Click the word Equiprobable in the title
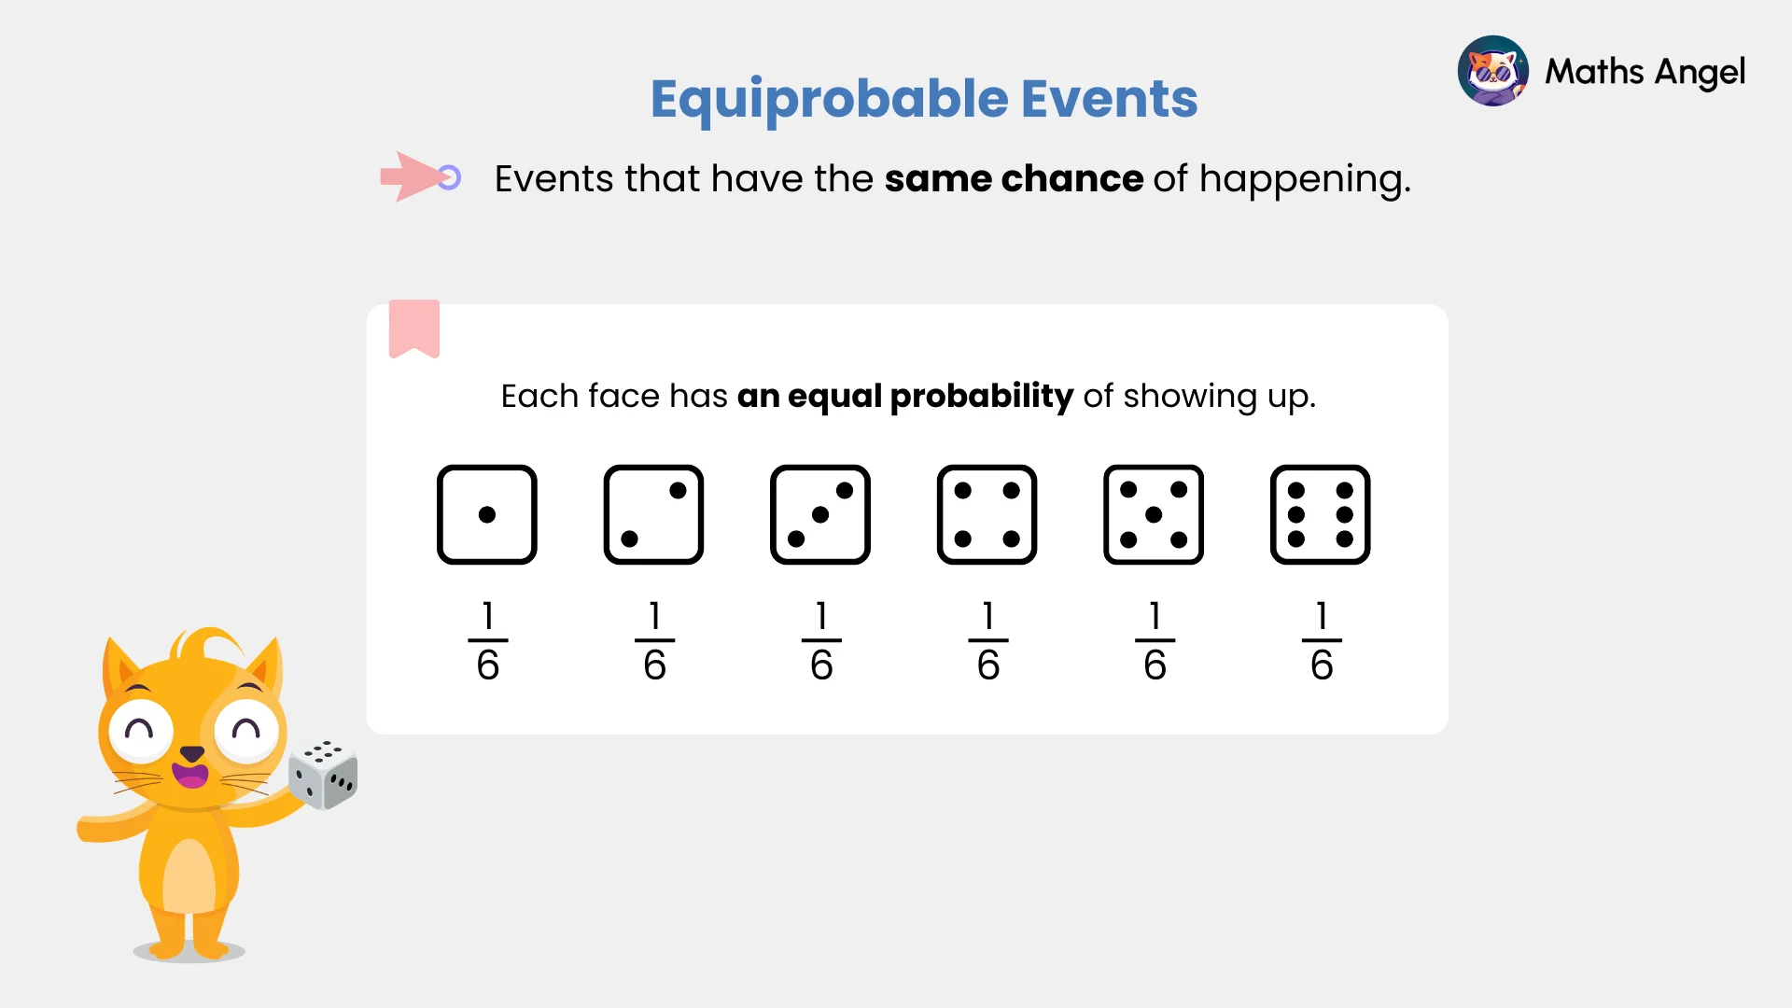point(829,99)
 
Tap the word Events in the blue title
point(1109,99)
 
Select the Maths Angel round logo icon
point(1492,71)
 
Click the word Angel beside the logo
point(1699,72)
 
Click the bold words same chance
point(1014,178)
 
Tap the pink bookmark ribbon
point(414,328)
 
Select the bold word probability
point(981,397)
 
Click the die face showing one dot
point(487,514)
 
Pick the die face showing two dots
point(653,514)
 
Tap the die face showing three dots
point(820,514)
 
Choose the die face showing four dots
point(987,514)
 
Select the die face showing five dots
point(1154,514)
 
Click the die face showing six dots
point(1320,514)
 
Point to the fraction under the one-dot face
point(487,641)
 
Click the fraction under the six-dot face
point(1322,641)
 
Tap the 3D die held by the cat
point(323,774)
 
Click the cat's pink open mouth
point(191,776)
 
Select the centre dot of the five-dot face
point(1154,514)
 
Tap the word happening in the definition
point(1304,179)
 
